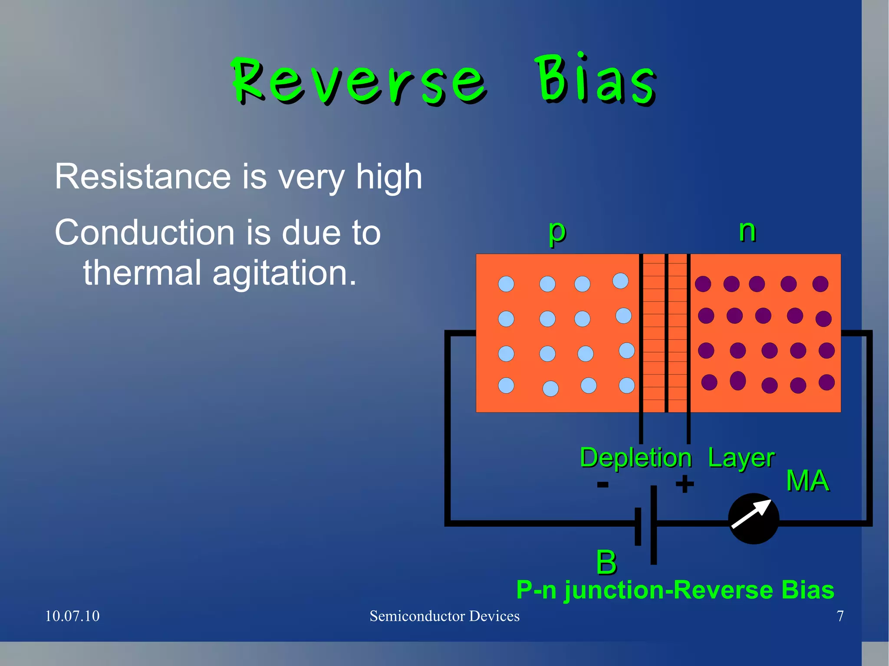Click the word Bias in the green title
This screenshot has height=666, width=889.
(596, 80)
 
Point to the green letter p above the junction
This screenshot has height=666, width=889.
(556, 232)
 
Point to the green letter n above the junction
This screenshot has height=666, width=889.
(747, 230)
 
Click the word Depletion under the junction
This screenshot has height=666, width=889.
(635, 458)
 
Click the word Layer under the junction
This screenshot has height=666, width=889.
(741, 458)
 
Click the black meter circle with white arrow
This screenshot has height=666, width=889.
(754, 518)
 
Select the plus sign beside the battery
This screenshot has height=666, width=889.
(685, 484)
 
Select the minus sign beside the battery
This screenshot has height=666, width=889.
(603, 484)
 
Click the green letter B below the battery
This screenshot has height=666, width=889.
(606, 562)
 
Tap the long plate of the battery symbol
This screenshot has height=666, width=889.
(654, 525)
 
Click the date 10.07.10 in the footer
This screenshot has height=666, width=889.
(72, 616)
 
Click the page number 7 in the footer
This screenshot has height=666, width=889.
(840, 616)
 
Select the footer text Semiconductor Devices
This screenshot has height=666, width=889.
(444, 616)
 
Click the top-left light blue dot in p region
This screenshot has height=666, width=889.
(506, 284)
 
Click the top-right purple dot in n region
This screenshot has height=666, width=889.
(820, 284)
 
